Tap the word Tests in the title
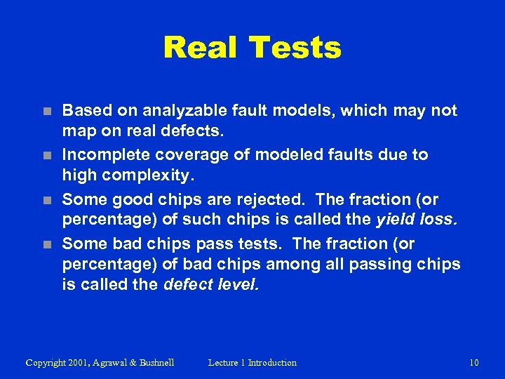pos(294,48)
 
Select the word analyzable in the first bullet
pos(179,110)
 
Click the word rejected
pos(246,199)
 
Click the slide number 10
pos(473,362)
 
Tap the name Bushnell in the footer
pos(153,362)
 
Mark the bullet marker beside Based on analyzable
pos(46,111)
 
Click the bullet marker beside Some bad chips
pos(46,244)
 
